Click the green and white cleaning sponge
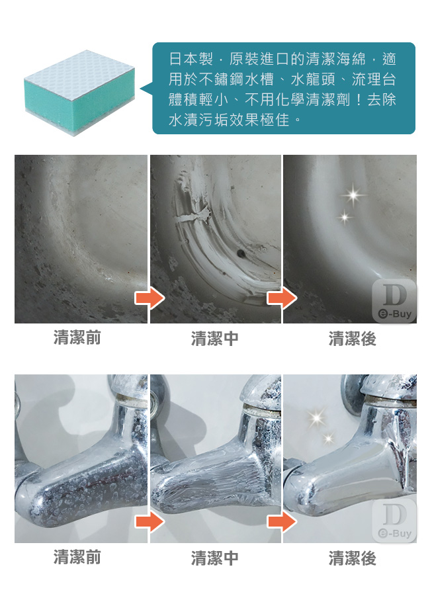point(79,93)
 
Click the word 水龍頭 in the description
point(313,79)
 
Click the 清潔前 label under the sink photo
point(77,337)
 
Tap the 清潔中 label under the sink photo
point(215,338)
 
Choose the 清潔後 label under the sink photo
point(353,338)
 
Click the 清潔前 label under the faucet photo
point(77,557)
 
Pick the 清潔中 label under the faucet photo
point(215,558)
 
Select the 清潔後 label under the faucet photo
point(353,558)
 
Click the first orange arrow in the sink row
point(150,298)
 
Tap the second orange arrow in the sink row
point(282,298)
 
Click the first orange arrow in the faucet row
point(150,521)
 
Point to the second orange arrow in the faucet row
point(282,521)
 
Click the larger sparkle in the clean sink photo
point(353,195)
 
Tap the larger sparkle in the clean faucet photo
point(317,417)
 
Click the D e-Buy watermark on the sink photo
point(394,301)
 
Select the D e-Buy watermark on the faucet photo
point(394,521)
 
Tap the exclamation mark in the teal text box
point(359,99)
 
